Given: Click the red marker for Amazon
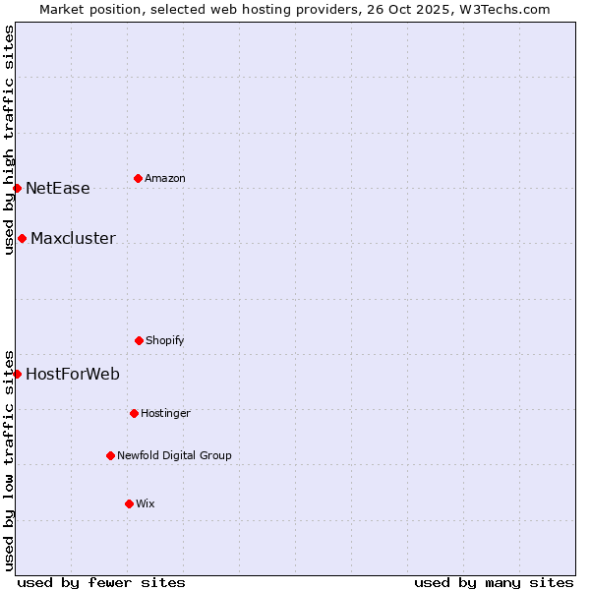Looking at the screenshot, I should coord(138,178).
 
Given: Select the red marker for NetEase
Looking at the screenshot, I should coord(17,188).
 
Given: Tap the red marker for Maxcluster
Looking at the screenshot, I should coord(22,238).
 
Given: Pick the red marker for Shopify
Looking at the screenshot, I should coord(139,340).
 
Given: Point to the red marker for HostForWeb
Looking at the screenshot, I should coord(17,374).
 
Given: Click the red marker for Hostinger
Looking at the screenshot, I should coord(134,413).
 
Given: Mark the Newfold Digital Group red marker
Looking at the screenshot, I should coord(110,455).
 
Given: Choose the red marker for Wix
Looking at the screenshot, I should coord(129,503).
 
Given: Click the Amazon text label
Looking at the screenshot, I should coord(165,178).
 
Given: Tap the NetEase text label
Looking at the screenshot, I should coord(58,189).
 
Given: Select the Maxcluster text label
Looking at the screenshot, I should coord(73,239).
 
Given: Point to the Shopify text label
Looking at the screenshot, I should coord(165,340).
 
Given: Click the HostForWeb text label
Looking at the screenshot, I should coord(73,375).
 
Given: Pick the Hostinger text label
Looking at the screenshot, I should coord(165,413).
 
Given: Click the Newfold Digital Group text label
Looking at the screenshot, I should coord(174,455).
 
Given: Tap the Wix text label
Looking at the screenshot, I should coord(146,503).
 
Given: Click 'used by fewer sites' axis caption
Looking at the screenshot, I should coord(101,582).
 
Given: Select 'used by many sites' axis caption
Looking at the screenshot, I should coord(494,582).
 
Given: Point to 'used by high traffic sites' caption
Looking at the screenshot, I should coord(9,140).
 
